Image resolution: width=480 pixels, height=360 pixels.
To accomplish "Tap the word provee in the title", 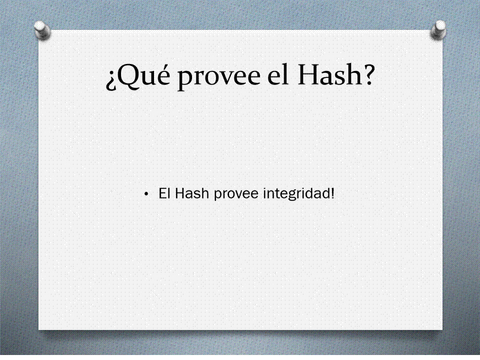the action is coord(219,78).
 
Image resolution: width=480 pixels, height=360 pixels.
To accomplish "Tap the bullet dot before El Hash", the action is coord(146,194).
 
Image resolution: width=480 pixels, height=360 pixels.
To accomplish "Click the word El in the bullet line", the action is coord(164,193).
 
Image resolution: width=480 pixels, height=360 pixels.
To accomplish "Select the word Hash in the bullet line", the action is coord(192,193).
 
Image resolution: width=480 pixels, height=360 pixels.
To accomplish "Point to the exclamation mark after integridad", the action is coord(332,193).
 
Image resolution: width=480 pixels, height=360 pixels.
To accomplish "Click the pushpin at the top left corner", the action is coord(42,30).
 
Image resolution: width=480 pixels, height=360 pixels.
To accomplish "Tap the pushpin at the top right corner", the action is coord(438,29).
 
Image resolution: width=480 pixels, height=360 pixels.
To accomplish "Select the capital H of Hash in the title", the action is coord(309,74).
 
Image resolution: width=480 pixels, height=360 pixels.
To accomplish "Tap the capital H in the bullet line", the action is coord(180,193).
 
